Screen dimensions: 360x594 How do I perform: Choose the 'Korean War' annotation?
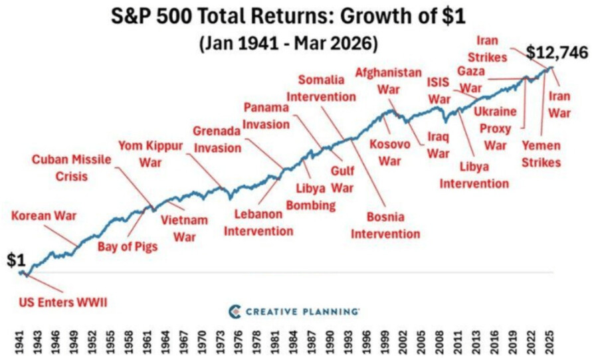click(x=44, y=216)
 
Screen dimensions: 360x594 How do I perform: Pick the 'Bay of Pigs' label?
click(x=128, y=247)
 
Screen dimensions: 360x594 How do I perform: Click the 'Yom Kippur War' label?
click(x=151, y=153)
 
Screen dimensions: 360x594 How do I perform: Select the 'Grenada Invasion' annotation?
click(x=217, y=139)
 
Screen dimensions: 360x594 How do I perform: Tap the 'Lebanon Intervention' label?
click(x=258, y=223)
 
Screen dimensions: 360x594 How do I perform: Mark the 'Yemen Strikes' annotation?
click(x=541, y=153)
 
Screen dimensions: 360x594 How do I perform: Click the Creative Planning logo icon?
click(x=234, y=311)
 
